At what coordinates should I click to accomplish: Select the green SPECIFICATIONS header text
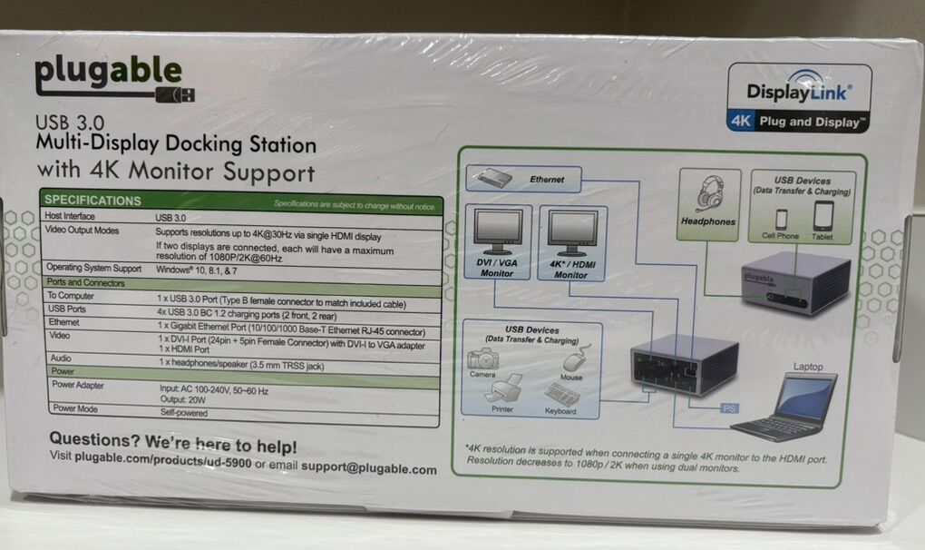tap(93, 200)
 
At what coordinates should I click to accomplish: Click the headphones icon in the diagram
tap(708, 194)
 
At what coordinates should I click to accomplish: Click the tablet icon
tap(823, 216)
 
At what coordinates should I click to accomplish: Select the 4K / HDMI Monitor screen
tap(572, 231)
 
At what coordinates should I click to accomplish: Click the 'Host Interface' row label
tap(70, 217)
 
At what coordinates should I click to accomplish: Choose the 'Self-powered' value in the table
tap(181, 413)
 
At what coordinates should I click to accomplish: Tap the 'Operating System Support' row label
tap(94, 268)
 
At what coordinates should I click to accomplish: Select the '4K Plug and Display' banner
tap(798, 121)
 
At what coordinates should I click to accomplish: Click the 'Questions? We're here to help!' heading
tap(172, 446)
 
